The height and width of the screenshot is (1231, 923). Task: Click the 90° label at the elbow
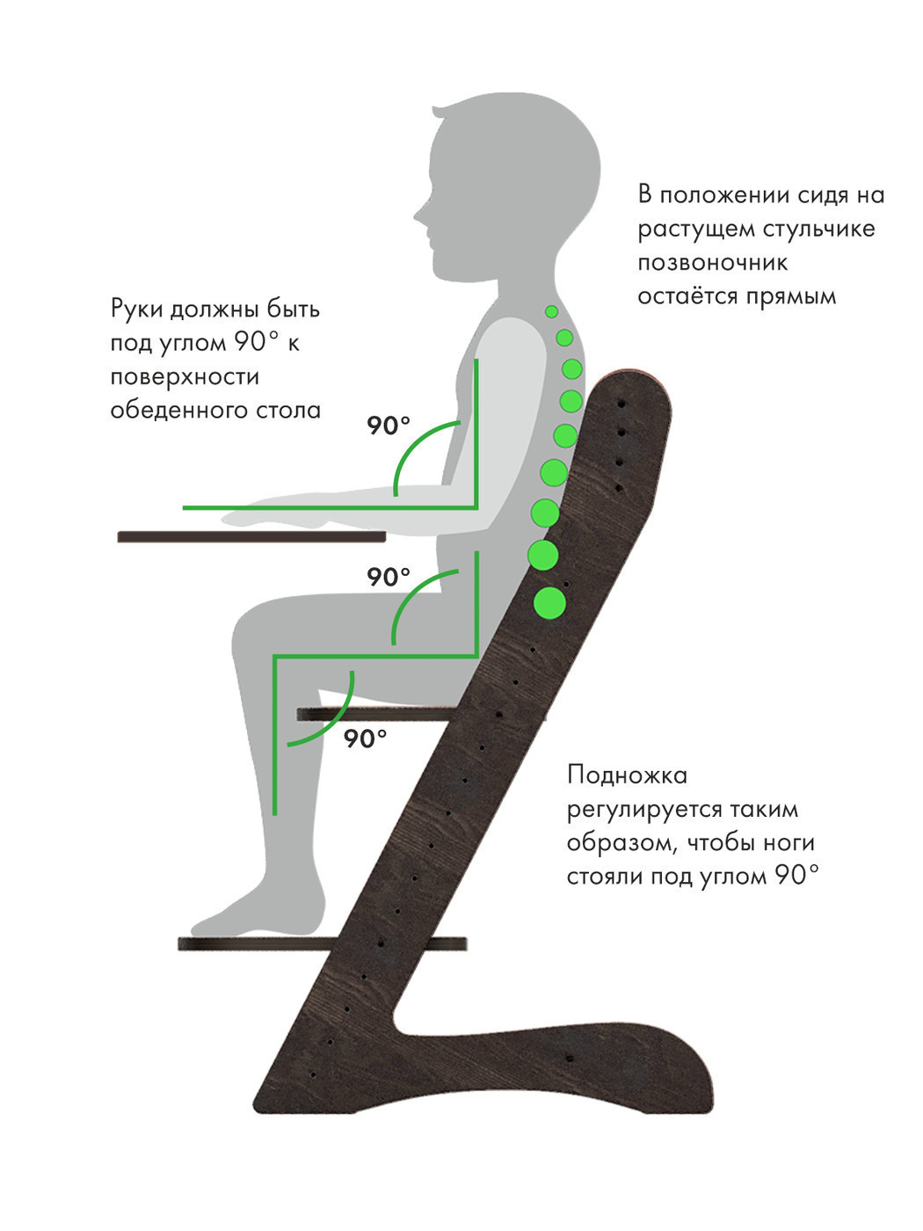pos(388,426)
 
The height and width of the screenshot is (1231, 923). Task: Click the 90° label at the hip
pos(388,577)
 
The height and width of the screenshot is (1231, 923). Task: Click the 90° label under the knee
pos(365,739)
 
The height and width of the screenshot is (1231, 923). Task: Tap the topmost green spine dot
pos(552,311)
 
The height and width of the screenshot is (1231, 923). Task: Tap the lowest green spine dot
pos(549,603)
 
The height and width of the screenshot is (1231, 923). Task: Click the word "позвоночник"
pos(712,262)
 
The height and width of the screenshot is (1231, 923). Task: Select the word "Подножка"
pos(627,776)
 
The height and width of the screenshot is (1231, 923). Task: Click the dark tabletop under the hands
pos(251,536)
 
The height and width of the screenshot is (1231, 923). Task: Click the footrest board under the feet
pos(323,943)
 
